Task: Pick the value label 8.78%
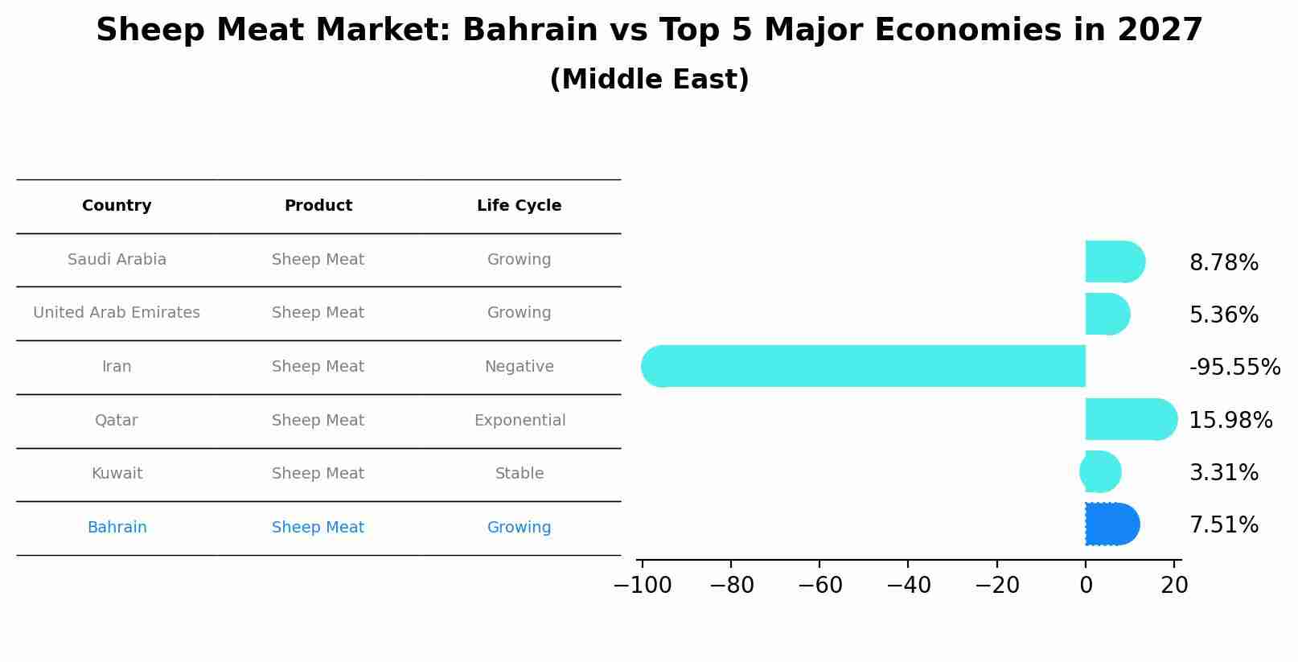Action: pos(1223,263)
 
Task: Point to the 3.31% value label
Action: pos(1223,473)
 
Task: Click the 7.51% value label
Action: pos(1223,525)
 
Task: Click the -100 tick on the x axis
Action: pos(643,586)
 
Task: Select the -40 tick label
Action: pos(909,586)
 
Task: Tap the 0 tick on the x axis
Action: pos(1086,586)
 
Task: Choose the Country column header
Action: pos(117,206)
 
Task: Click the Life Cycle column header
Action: pos(519,206)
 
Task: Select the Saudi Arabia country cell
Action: pos(117,260)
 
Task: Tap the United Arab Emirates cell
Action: pos(117,313)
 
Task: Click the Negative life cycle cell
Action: pos(519,367)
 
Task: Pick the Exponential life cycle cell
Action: pos(520,421)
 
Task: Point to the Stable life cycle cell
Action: pos(519,474)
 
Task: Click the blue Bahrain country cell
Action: pos(117,528)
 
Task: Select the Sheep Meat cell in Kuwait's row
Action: pos(318,474)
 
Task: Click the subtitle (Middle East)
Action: pos(649,80)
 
